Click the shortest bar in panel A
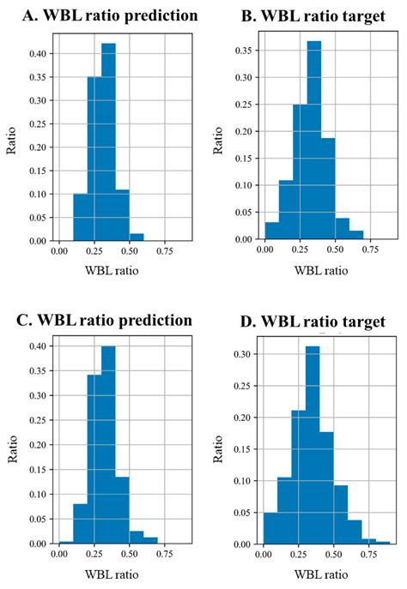pos(137,237)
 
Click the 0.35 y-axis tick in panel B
pos(246,50)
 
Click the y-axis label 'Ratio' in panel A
pos(13,141)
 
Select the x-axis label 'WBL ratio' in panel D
pos(322,574)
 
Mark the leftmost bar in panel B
pos(271,232)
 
